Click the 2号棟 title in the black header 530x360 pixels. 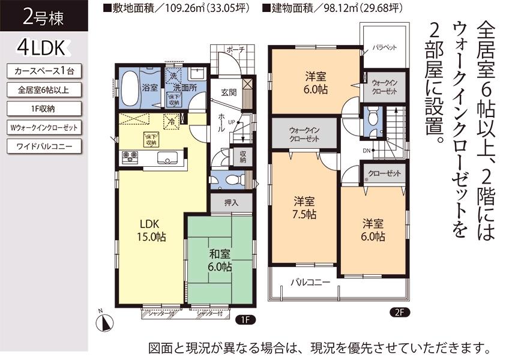pyautogui.click(x=43, y=16)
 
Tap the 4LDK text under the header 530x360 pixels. pyautogui.click(x=44, y=47)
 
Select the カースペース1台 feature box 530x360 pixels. pyautogui.click(x=44, y=71)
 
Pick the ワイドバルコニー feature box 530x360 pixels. pyautogui.click(x=44, y=146)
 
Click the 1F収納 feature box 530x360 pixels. pyautogui.click(x=44, y=109)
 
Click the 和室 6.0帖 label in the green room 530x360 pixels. pyautogui.click(x=220, y=261)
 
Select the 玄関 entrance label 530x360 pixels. pyautogui.click(x=228, y=92)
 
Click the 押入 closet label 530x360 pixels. pyautogui.click(x=231, y=203)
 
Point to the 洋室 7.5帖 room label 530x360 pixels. pyautogui.click(x=305, y=207)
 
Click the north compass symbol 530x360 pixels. pyautogui.click(x=104, y=322)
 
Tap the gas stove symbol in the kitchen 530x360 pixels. pyautogui.click(x=130, y=157)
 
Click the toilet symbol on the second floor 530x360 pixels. pyautogui.click(x=372, y=115)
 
